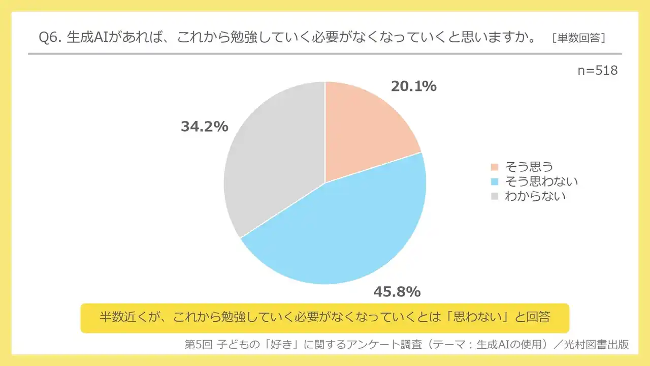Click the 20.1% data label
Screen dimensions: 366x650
coord(413,86)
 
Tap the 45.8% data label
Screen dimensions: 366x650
coord(397,292)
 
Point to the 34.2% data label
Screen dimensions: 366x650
coord(205,127)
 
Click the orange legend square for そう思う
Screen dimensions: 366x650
coord(495,167)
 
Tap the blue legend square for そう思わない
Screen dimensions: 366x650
coord(495,181)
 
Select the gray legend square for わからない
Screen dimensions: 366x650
coord(495,196)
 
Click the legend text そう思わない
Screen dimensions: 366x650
coord(541,181)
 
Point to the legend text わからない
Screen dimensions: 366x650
coord(535,196)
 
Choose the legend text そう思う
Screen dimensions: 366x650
coord(528,167)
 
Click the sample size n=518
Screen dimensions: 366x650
coord(598,71)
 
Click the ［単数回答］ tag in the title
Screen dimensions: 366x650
coord(578,39)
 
